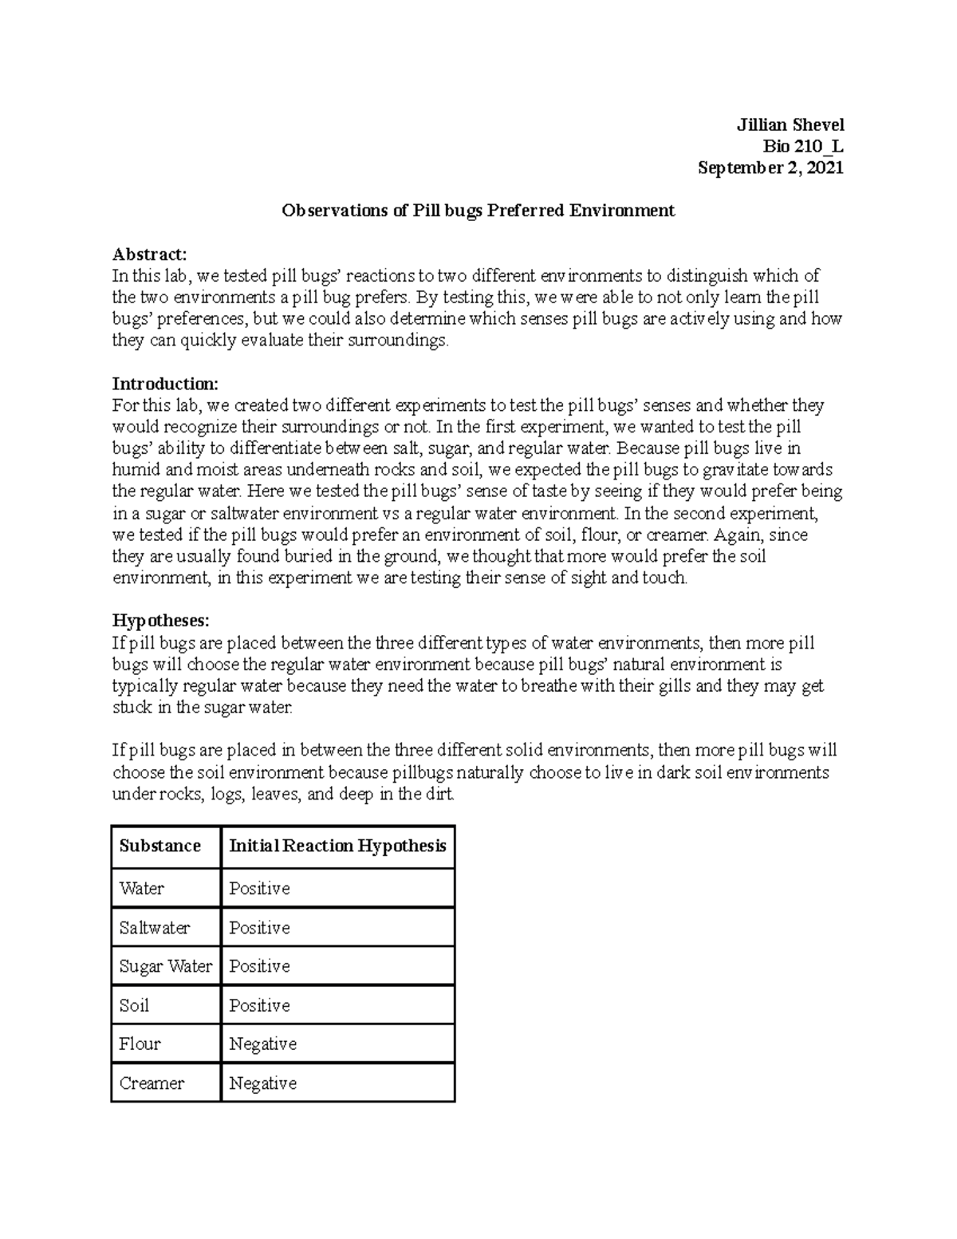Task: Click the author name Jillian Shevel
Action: [x=790, y=125]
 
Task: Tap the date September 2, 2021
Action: [x=770, y=168]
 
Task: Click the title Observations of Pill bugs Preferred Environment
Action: [x=478, y=211]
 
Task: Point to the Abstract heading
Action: [x=149, y=255]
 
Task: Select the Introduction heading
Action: [x=165, y=384]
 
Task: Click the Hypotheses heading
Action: [x=160, y=621]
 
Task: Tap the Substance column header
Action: [x=159, y=846]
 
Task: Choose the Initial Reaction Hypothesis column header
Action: [x=337, y=846]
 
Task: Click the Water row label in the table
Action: [x=141, y=888]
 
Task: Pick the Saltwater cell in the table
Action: [x=154, y=928]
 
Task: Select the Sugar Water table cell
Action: [x=165, y=966]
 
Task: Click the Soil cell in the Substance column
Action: [x=134, y=1005]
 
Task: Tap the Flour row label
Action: [x=140, y=1044]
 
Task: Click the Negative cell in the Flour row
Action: [x=262, y=1044]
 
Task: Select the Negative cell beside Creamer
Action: [x=262, y=1083]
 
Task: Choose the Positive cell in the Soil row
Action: [x=259, y=1005]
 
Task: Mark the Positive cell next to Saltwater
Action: [x=259, y=928]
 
